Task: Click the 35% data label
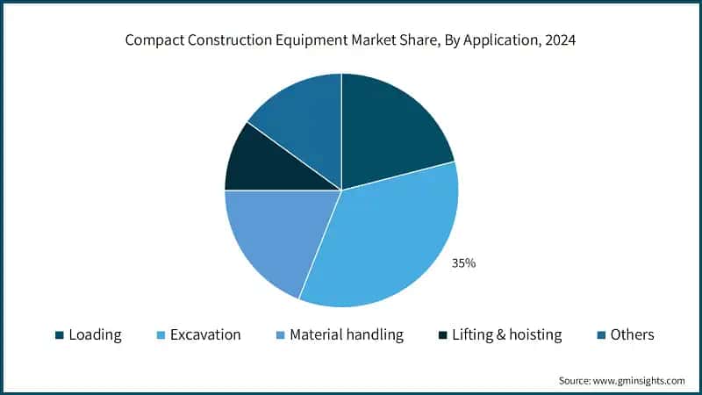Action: pyautogui.click(x=463, y=262)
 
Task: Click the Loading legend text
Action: pyautogui.click(x=95, y=334)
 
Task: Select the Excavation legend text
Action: pyautogui.click(x=204, y=334)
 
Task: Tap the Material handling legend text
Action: pyautogui.click(x=347, y=334)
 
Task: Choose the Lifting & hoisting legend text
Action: pyautogui.click(x=505, y=334)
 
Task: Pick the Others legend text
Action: pyautogui.click(x=633, y=334)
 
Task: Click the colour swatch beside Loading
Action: pyautogui.click(x=59, y=335)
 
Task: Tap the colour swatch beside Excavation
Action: pyautogui.click(x=159, y=335)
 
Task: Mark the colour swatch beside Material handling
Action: pyautogui.click(x=280, y=335)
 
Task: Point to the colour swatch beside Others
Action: pyautogui.click(x=601, y=335)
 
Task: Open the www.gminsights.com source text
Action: pyautogui.click(x=639, y=380)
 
